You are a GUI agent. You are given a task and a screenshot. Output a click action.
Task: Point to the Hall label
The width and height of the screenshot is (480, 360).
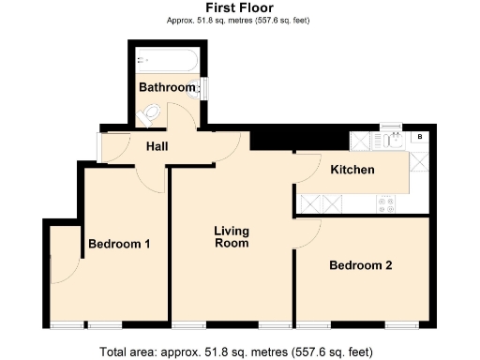click(157, 146)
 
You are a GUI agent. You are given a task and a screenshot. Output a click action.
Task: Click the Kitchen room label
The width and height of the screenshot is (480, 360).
click(352, 170)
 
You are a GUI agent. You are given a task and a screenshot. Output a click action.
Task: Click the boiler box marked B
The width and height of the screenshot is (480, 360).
click(419, 139)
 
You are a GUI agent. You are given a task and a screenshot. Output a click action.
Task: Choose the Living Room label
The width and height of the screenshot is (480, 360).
click(231, 237)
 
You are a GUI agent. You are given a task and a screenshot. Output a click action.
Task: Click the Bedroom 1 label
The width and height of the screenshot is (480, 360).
click(119, 245)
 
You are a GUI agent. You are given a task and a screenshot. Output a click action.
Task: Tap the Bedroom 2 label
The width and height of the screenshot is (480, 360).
click(360, 265)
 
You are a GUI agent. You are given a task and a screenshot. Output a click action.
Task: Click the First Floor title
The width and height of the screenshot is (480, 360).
click(239, 7)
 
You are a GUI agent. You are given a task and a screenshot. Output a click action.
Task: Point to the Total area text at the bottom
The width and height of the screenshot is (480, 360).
click(240, 351)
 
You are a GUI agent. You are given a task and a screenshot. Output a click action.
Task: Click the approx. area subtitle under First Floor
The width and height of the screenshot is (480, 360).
click(239, 20)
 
